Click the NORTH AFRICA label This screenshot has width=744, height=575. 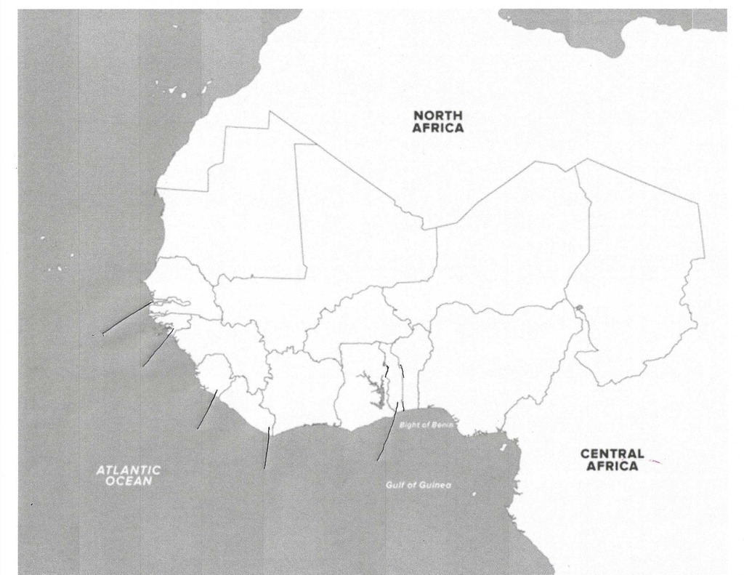coord(438,121)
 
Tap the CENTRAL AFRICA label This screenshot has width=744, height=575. coord(612,459)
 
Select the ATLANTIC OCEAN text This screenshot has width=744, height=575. coord(128,475)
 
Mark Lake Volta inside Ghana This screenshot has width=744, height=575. coord(376,393)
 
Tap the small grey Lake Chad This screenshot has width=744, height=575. coord(579,309)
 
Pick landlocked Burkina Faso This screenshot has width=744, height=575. coord(345,320)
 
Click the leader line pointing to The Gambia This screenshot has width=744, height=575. coord(127,318)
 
